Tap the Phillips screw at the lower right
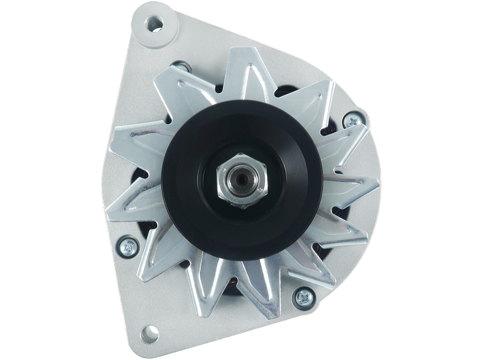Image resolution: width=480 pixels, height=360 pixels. pyautogui.click(x=305, y=295)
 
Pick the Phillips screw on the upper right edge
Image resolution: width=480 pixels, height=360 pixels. pyautogui.click(x=348, y=121)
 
